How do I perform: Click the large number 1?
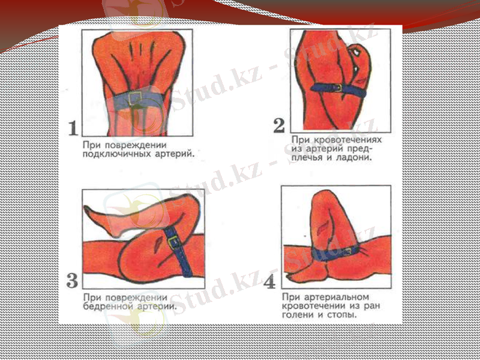(73, 128)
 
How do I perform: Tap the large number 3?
(72, 280)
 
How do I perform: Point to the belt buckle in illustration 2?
(337, 88)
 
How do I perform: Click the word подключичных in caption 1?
(112, 154)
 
